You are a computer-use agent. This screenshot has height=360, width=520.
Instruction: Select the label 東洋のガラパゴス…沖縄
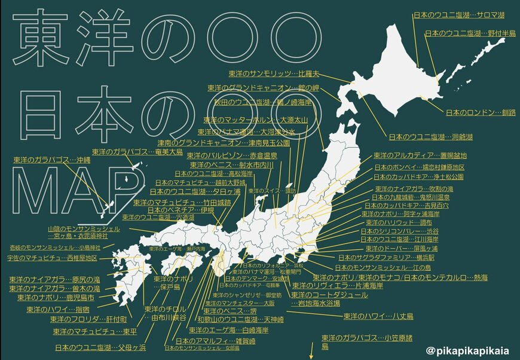[51, 160]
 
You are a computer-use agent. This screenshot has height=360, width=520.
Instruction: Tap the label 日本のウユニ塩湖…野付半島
[470, 33]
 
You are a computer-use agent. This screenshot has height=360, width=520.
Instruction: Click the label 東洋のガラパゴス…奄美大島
[137, 152]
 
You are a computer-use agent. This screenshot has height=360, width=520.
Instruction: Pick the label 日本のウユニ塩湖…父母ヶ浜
[100, 347]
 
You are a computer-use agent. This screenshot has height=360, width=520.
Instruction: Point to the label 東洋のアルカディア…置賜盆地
[418, 155]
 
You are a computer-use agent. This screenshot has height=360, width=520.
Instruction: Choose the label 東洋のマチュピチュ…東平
[94, 331]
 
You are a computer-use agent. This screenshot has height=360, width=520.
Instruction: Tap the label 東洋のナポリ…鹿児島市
[56, 297]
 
